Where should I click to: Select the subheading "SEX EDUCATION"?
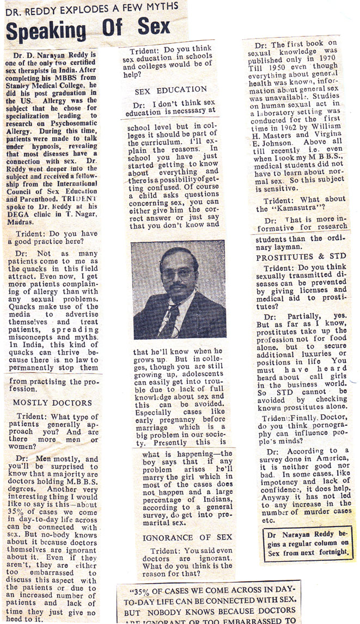click(x=171, y=90)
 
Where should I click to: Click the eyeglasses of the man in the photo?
click(x=178, y=273)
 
